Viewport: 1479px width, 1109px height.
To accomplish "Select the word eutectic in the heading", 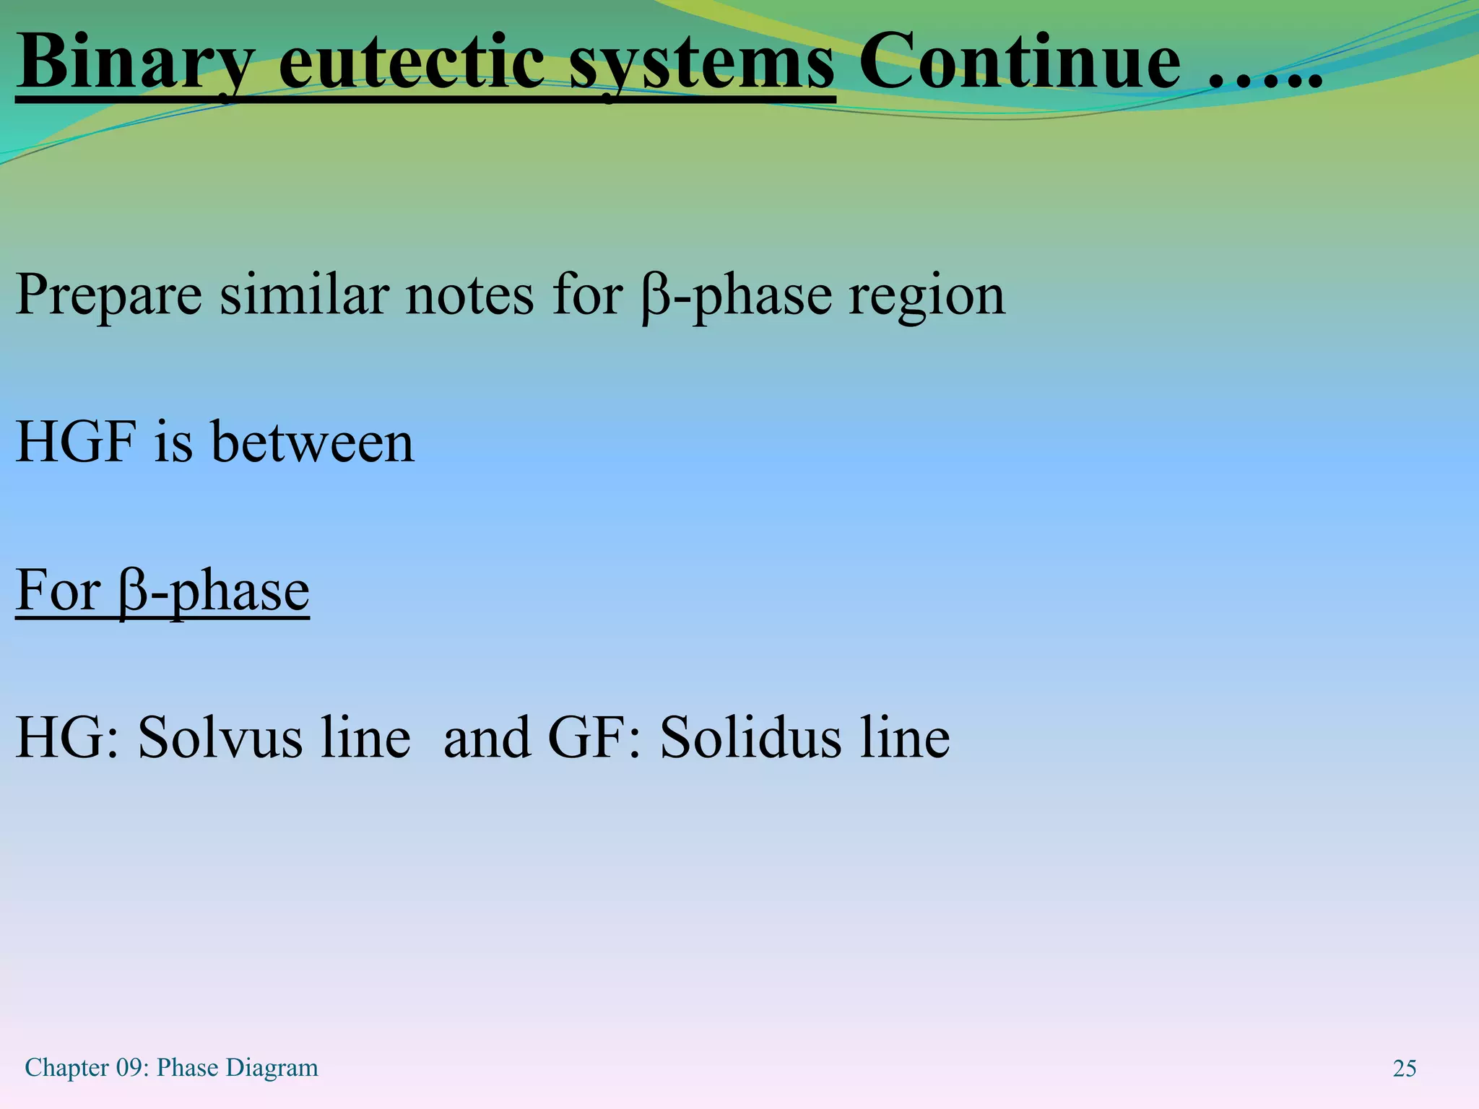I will click(411, 62).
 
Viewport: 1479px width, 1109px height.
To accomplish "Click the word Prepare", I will click(108, 295).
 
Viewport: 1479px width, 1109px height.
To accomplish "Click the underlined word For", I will click(58, 590).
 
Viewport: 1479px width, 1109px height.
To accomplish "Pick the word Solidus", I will click(750, 737).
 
